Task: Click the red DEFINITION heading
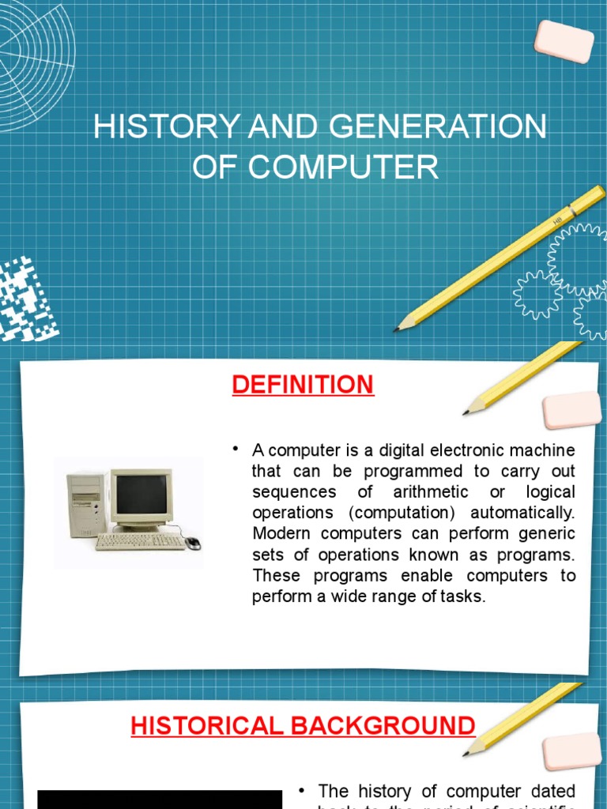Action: pos(303,385)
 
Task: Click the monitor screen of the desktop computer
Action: pos(141,493)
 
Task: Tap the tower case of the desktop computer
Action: pos(85,505)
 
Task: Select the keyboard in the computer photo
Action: pos(140,542)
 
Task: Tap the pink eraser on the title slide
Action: pos(564,41)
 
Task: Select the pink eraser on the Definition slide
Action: pos(571,410)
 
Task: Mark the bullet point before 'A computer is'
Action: pos(236,450)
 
